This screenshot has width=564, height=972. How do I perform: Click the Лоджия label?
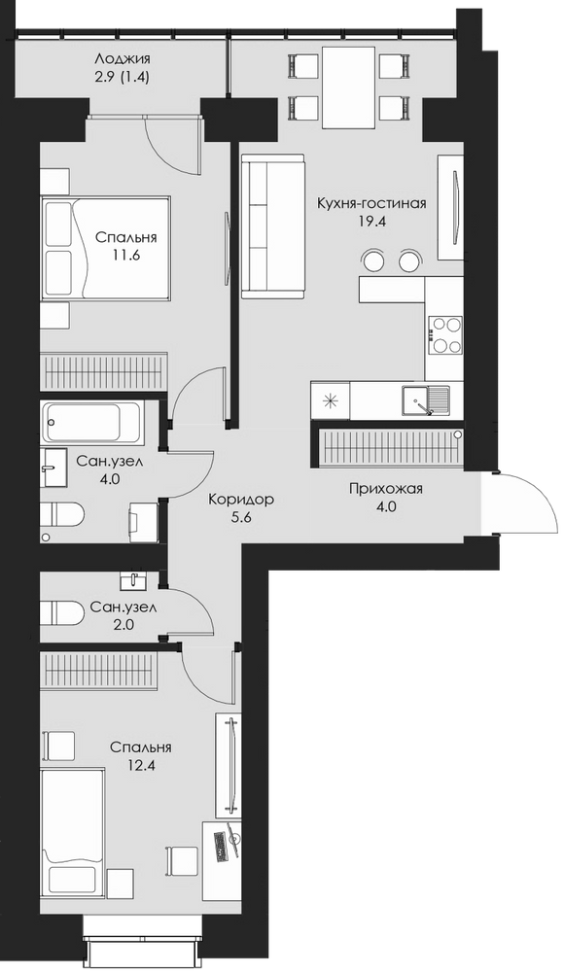(123, 60)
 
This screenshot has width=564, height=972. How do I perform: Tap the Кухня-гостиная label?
(371, 203)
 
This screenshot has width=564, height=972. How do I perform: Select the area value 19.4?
(371, 222)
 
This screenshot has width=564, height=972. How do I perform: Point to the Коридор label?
(241, 499)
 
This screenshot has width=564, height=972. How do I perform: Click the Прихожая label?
(385, 489)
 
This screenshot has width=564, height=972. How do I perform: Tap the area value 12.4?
(140, 765)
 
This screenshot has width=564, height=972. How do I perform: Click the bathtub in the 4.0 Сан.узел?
(91, 423)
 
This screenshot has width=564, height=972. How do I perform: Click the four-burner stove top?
(444, 335)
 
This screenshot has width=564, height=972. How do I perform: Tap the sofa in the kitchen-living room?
(273, 226)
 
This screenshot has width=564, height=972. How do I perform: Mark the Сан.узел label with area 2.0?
(123, 607)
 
